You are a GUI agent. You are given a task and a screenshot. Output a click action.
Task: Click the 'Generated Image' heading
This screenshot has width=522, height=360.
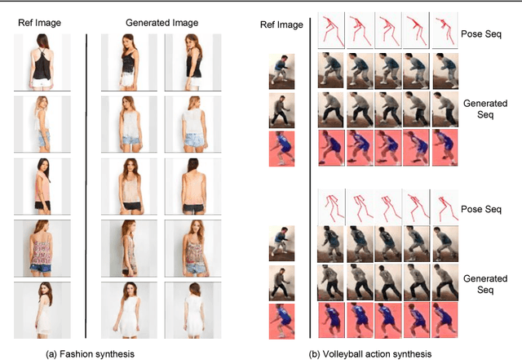pos(161,22)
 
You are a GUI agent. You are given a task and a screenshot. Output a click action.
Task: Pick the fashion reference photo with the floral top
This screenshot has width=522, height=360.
pos(37,243)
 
